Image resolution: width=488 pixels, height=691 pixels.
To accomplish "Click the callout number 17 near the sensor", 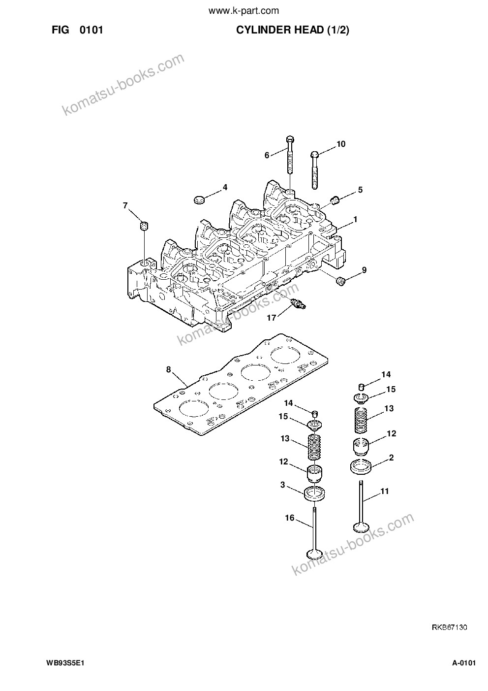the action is pyautogui.click(x=271, y=318).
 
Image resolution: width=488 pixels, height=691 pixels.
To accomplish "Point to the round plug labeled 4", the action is pyautogui.click(x=200, y=199).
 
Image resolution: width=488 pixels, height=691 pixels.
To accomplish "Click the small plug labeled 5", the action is pyautogui.click(x=335, y=199).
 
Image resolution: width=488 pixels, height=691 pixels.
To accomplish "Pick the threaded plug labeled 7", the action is pyautogui.click(x=144, y=226).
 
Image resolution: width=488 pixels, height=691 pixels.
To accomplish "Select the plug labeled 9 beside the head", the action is pyautogui.click(x=340, y=281).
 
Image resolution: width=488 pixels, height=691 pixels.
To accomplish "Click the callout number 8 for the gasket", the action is pyautogui.click(x=168, y=369).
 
